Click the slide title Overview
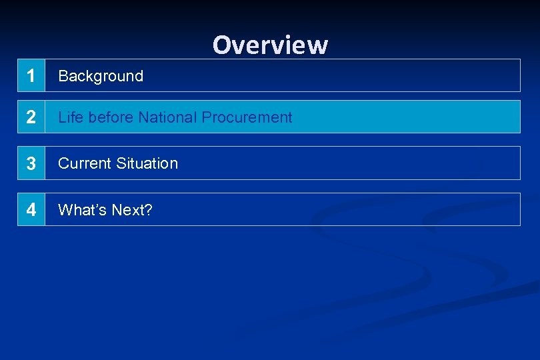270,45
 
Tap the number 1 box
31,76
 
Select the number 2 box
31,117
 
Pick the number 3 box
31,163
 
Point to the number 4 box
31,210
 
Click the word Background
101,76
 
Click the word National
168,117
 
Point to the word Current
85,163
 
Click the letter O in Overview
221,45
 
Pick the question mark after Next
149,210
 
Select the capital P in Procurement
206,117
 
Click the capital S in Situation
121,163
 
